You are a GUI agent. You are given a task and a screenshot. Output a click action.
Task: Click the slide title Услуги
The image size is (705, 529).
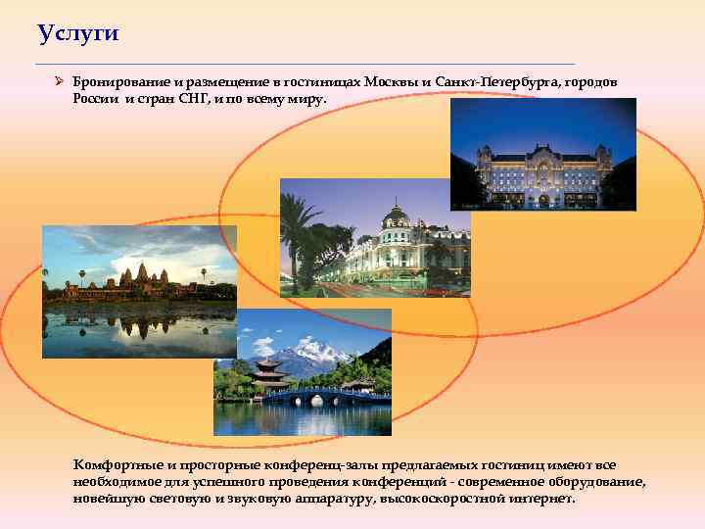pyautogui.click(x=78, y=34)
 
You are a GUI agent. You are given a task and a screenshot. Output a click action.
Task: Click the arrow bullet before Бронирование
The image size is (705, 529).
pyautogui.click(x=59, y=83)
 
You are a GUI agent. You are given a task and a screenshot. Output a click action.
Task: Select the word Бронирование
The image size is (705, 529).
pyautogui.click(x=116, y=83)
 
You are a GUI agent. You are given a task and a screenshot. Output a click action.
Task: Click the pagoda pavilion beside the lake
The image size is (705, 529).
pyautogui.click(x=267, y=371)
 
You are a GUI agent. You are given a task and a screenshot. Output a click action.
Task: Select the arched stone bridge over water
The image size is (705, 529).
pyautogui.click(x=327, y=397)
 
